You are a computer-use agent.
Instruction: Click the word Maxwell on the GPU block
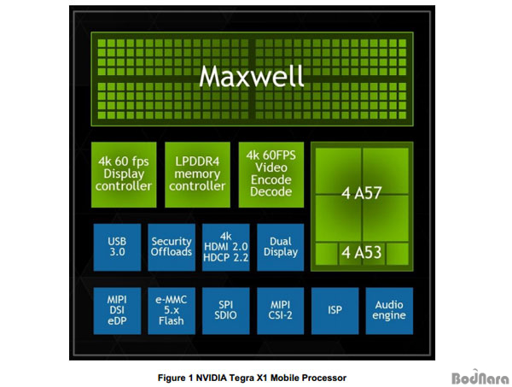coord(252,77)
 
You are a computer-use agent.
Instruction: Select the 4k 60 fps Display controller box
coord(124,174)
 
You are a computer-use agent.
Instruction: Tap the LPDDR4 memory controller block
coord(198,174)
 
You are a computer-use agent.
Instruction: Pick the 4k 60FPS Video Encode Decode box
coord(271,174)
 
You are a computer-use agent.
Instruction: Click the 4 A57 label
coord(362,193)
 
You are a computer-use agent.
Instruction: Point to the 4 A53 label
coord(362,252)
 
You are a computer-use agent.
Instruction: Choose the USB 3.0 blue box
coord(117,247)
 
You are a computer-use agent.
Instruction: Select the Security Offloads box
coord(172,247)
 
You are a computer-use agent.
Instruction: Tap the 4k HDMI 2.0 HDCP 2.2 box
coord(226,247)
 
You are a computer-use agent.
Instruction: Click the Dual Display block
coord(281,247)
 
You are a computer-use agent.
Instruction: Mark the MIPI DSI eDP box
coord(117,311)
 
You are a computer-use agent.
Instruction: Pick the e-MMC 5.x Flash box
coord(172,311)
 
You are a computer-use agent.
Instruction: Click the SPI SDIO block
coord(226,311)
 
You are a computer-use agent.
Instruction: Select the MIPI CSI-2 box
coord(281,311)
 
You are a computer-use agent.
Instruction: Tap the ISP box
coord(335,311)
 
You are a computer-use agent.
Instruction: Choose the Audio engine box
coord(389,311)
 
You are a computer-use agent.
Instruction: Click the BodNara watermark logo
coord(480,378)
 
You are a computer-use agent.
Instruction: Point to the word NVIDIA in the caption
coord(212,378)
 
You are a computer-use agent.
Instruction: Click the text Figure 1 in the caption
coord(175,378)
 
